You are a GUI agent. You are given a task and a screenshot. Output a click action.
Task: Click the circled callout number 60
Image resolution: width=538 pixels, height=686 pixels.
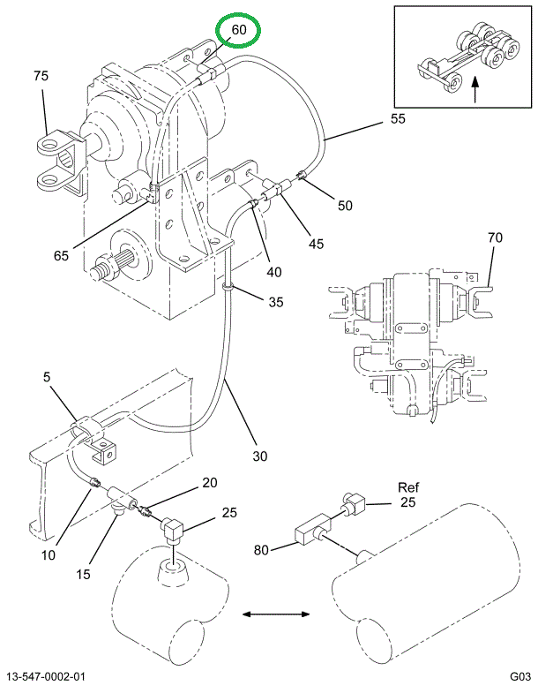click(239, 30)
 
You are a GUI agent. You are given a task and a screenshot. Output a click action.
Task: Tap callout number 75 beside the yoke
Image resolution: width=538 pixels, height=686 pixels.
click(41, 76)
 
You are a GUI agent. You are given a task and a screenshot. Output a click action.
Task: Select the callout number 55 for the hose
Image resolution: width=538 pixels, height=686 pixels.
click(398, 119)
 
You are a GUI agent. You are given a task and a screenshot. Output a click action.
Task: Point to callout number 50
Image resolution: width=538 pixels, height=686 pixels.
click(344, 206)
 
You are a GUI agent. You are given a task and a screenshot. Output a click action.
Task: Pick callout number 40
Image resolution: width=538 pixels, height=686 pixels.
click(275, 272)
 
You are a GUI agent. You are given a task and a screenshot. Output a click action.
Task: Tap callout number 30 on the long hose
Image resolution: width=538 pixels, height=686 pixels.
click(258, 456)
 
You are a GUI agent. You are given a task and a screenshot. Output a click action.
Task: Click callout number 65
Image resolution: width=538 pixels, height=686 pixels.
click(61, 256)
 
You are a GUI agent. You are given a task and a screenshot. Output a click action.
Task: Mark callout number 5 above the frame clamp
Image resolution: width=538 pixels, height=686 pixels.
click(46, 379)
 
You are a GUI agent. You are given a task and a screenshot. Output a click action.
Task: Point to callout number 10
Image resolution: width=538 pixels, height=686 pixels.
click(48, 554)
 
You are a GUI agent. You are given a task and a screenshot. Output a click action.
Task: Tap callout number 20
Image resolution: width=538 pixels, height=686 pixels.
click(208, 482)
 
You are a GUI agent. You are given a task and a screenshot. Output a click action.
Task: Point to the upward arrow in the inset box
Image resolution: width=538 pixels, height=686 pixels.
click(474, 88)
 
